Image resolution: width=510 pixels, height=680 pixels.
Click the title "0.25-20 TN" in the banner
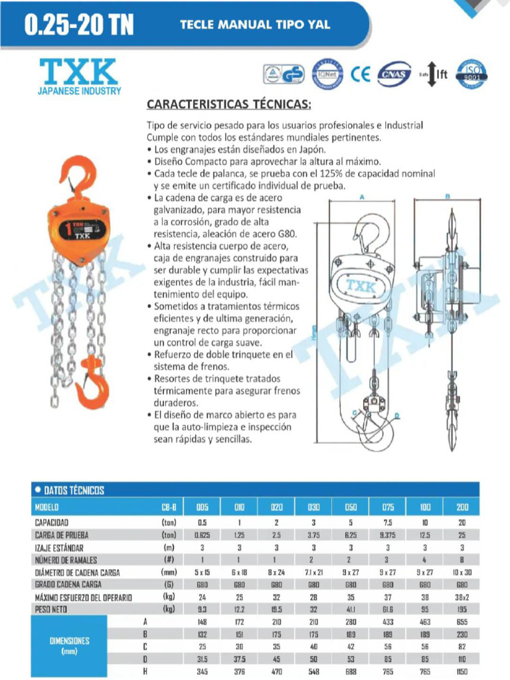coord(78,25)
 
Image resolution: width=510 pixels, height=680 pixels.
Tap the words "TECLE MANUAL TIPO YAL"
coord(255,25)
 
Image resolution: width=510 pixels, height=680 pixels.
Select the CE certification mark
coord(361,74)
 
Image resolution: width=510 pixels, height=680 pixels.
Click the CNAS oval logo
coord(394,74)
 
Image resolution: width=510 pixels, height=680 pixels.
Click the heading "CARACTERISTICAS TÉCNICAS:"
coord(228,105)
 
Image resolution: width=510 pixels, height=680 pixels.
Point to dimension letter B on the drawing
coord(447,197)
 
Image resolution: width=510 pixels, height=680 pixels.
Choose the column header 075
coord(388,507)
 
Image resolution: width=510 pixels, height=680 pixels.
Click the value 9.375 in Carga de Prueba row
coord(388,535)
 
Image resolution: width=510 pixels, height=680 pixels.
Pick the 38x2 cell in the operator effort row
coord(462,597)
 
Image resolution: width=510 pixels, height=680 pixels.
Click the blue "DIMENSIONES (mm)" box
coord(70,646)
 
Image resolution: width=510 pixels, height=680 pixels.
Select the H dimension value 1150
coord(462,672)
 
